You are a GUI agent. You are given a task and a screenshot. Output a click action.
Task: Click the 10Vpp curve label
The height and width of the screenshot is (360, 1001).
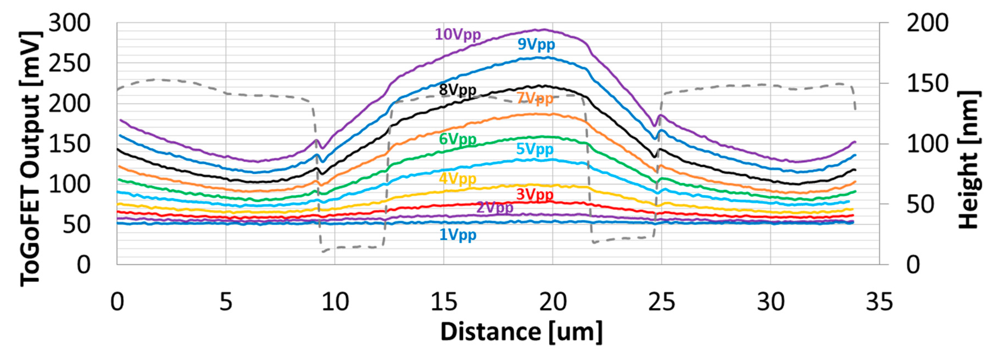[458, 35]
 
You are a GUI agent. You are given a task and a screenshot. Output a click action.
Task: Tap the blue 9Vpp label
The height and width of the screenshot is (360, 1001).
[536, 44]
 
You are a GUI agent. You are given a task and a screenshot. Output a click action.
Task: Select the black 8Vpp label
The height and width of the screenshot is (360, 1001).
[457, 90]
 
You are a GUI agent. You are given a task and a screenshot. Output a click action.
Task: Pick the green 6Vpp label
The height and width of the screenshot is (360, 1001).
[457, 139]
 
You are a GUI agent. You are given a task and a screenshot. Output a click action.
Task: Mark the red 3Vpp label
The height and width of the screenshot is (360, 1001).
[535, 194]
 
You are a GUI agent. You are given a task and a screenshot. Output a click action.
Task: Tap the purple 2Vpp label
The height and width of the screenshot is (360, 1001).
[495, 208]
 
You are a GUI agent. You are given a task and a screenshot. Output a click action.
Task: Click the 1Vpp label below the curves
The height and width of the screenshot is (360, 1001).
[457, 235]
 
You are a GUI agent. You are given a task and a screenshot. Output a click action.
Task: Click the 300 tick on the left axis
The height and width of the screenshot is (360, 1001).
[69, 23]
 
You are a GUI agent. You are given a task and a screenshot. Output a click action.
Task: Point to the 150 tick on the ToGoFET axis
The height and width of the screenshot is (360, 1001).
[69, 144]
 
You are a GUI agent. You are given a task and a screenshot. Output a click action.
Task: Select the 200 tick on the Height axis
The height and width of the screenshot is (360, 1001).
[927, 23]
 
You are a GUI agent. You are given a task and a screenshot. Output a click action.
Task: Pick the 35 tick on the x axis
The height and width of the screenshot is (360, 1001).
[879, 302]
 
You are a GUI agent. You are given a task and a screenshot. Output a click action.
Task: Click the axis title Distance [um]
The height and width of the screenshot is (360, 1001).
[521, 332]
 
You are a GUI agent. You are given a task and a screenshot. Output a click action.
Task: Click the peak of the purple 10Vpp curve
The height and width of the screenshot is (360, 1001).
[544, 30]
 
